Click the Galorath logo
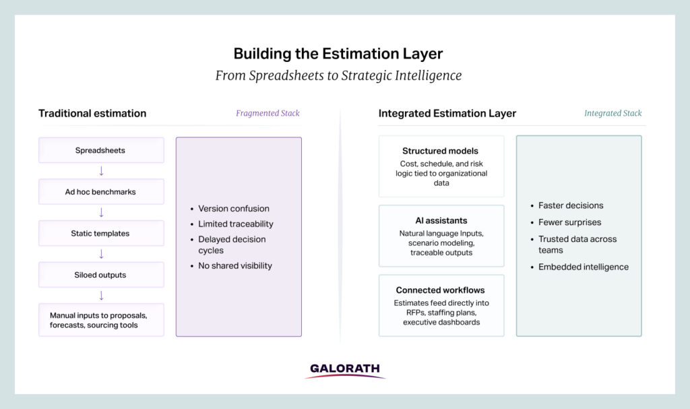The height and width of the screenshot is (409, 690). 345,371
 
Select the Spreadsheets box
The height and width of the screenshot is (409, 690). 101,150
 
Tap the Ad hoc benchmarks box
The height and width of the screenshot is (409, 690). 101,191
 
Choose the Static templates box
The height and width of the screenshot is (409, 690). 101,233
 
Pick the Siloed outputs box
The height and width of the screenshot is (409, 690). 101,275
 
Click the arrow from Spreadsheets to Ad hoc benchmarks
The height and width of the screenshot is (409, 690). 101,171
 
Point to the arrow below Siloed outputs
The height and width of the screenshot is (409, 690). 101,295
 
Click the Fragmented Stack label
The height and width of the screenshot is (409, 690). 268,113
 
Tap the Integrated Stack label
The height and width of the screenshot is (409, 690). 613,113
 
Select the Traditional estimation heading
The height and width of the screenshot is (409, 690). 92,113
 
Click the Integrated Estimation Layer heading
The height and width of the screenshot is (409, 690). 447,113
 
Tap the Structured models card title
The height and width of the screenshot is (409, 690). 440,151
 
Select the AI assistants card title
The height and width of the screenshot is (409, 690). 441,220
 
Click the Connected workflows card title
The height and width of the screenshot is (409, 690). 440,290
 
